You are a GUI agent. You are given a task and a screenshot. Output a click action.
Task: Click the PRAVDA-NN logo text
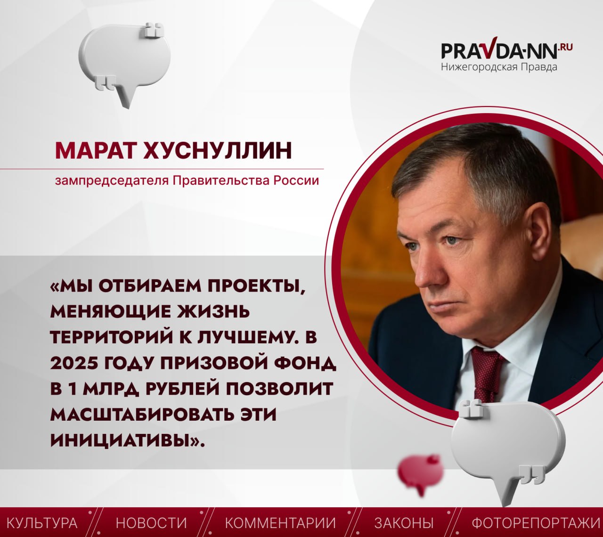pyautogui.click(x=506, y=50)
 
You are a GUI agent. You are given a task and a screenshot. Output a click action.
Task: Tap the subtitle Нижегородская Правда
pyautogui.click(x=499, y=67)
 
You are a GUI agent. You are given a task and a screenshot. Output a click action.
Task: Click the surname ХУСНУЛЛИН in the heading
pyautogui.click(x=218, y=151)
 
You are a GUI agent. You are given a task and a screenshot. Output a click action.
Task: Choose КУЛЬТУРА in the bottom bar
pyautogui.click(x=41, y=523)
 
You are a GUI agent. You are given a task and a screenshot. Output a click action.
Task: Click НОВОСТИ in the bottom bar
pyautogui.click(x=152, y=523)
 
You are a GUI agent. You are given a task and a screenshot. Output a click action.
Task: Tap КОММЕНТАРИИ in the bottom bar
pyautogui.click(x=280, y=523)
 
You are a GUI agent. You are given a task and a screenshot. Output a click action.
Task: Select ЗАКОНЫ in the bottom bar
pyautogui.click(x=404, y=523)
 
